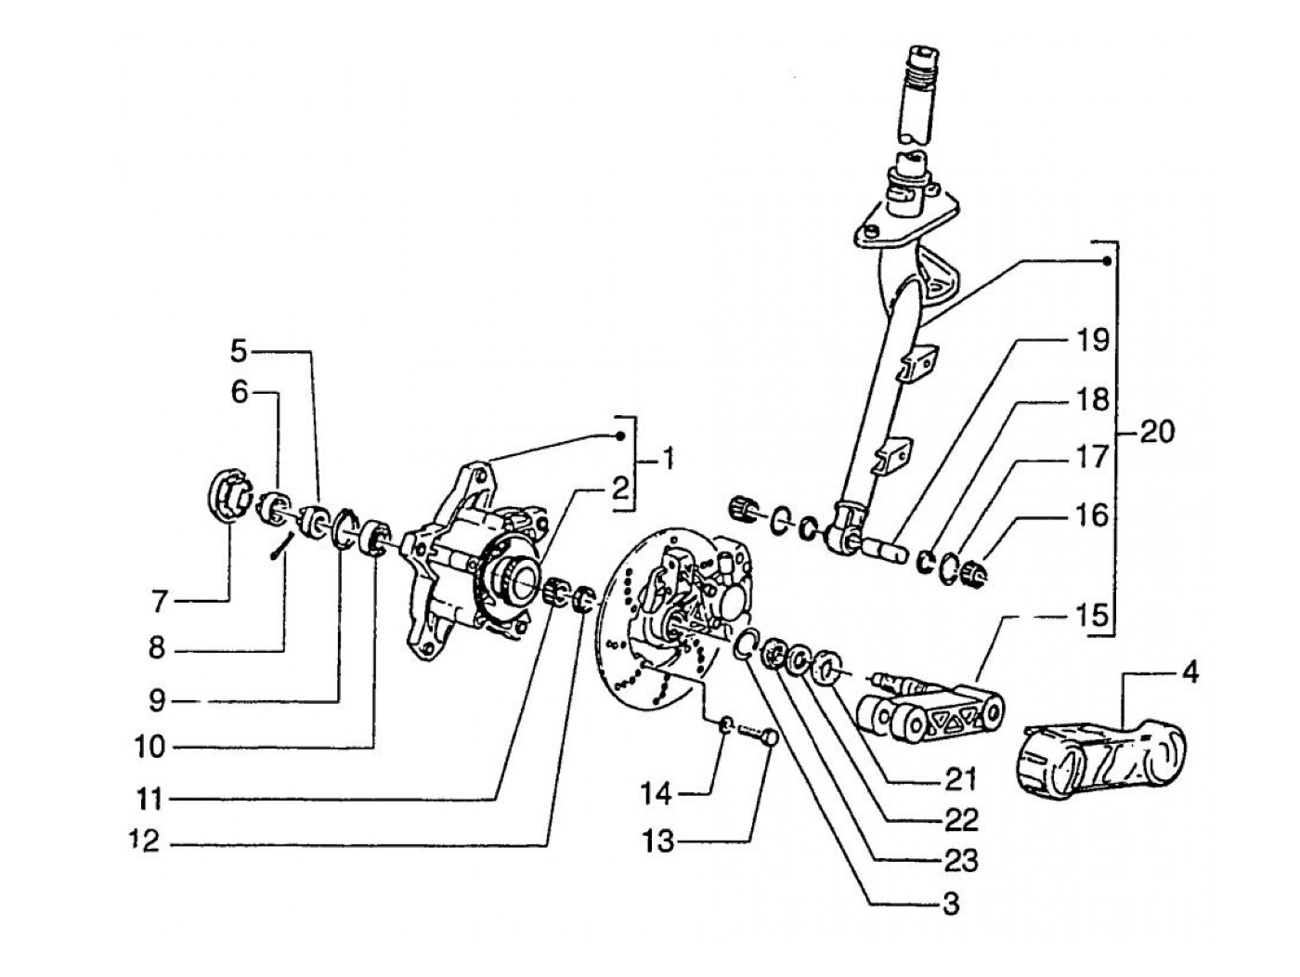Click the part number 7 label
160,603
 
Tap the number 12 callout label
145,840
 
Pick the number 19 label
1090,341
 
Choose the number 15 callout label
1091,616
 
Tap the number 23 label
959,862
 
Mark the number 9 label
157,702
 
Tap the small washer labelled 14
728,723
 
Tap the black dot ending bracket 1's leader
620,436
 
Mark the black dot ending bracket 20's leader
1106,261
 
